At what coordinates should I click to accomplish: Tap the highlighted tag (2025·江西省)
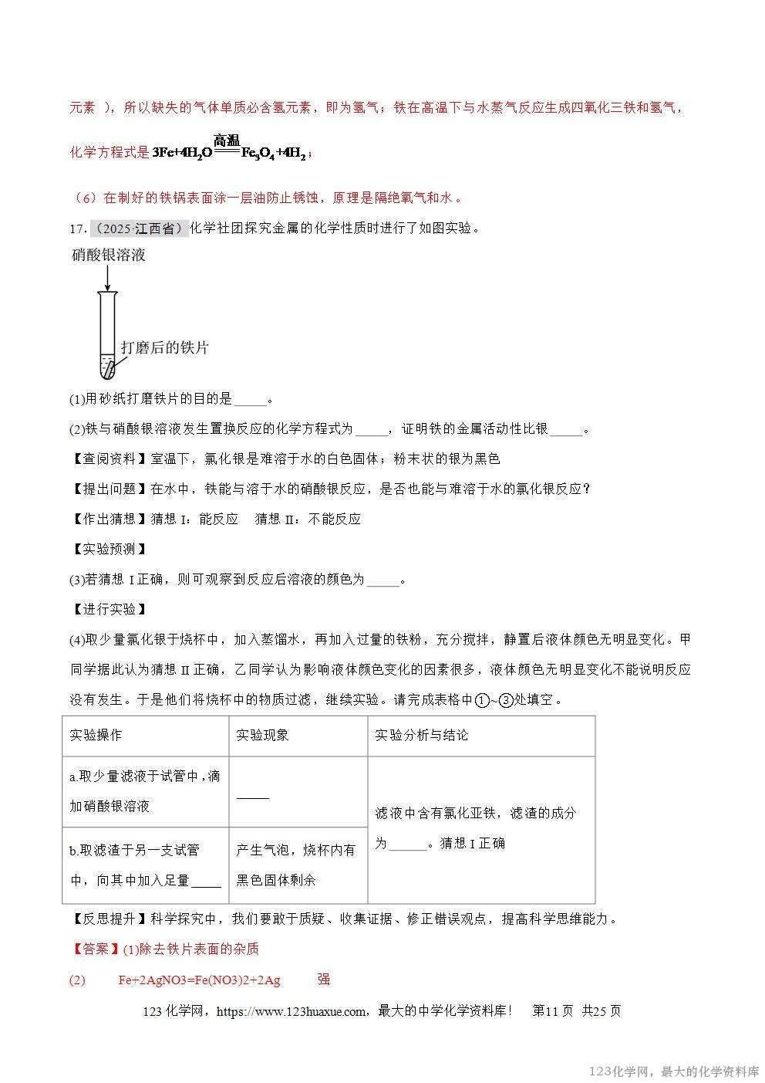[139, 228]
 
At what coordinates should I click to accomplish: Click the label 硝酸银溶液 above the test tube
[109, 256]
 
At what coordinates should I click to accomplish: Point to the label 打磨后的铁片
[164, 347]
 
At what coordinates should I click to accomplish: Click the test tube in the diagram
[107, 335]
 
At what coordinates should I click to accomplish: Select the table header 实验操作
[96, 735]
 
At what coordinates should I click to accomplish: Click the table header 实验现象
[262, 735]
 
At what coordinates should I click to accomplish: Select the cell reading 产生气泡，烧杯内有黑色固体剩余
[296, 865]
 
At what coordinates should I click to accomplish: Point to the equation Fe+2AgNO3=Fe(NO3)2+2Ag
[199, 980]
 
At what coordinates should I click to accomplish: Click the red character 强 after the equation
[324, 979]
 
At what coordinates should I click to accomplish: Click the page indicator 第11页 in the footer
[552, 1011]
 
